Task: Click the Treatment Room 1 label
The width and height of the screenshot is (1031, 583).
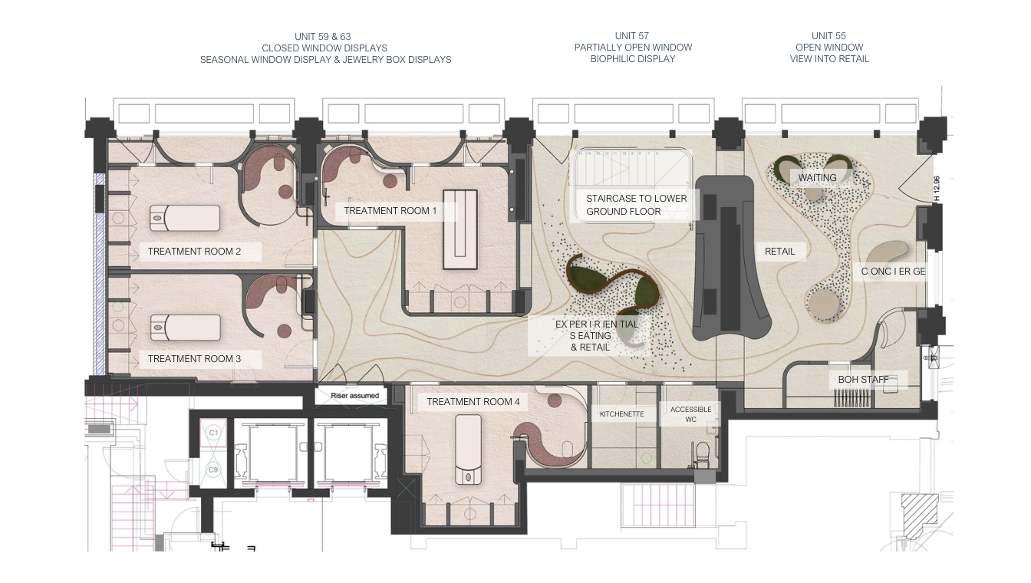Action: click(390, 211)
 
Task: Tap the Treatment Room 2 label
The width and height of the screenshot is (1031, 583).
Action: click(195, 252)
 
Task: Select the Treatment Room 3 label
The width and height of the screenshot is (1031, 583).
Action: click(195, 359)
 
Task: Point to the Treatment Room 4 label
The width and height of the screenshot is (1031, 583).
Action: click(473, 402)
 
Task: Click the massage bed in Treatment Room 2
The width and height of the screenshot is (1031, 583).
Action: click(184, 219)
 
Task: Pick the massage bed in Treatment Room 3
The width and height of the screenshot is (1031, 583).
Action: click(184, 328)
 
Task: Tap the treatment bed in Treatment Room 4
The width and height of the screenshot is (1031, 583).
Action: click(468, 449)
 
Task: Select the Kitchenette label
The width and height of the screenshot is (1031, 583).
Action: click(623, 414)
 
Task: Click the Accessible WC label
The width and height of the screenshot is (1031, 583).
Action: click(690, 414)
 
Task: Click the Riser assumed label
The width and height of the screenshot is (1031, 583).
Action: click(355, 396)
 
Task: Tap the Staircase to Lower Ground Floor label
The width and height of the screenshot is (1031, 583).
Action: click(636, 205)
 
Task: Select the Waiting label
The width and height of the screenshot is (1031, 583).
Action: click(817, 178)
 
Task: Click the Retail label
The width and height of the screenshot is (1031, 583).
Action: click(780, 252)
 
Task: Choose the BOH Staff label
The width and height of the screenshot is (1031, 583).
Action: click(858, 380)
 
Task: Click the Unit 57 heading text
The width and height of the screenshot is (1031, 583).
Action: click(633, 48)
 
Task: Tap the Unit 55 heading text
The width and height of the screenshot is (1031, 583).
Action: click(829, 48)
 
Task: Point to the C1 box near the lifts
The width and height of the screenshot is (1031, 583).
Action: click(214, 433)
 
